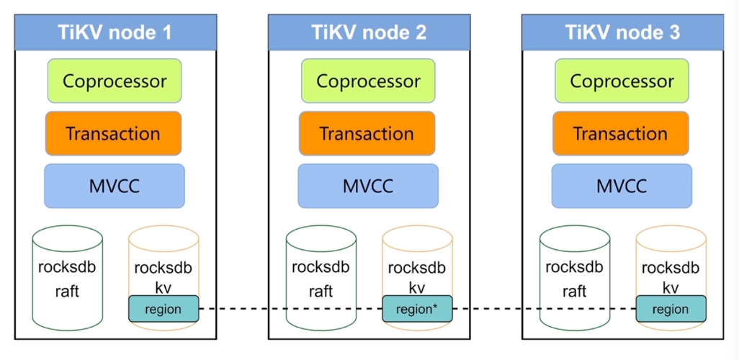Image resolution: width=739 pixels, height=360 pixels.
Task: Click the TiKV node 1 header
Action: coord(115,32)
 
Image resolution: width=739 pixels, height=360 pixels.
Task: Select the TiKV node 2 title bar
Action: coord(369,32)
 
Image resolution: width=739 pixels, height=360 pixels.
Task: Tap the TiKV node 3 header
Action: coord(622,32)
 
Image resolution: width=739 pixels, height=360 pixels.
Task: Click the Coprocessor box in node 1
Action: coord(115,81)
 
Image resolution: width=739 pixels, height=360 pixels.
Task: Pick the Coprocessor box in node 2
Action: coord(368,81)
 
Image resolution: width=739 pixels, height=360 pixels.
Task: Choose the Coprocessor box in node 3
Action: coord(622,81)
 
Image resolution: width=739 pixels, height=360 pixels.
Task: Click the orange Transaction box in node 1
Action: coord(113,133)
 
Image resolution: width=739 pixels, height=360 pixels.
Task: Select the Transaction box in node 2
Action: coord(367,133)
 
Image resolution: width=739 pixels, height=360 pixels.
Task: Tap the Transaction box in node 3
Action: coord(621,133)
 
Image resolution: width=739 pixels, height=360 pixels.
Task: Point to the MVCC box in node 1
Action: coord(115,186)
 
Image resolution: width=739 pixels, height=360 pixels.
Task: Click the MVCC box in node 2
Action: coord(368,186)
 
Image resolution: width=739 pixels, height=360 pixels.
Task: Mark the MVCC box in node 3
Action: coord(622,186)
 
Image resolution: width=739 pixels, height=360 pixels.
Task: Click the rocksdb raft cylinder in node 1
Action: coord(68,277)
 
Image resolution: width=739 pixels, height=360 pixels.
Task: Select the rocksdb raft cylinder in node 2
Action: coord(321,277)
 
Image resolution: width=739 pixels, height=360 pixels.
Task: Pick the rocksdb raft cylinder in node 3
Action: coord(575,277)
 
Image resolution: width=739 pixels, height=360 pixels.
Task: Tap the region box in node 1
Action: coord(164,309)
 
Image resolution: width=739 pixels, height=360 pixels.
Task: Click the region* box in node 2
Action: coord(417,309)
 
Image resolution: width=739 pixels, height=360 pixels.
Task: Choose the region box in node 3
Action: coord(671,309)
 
